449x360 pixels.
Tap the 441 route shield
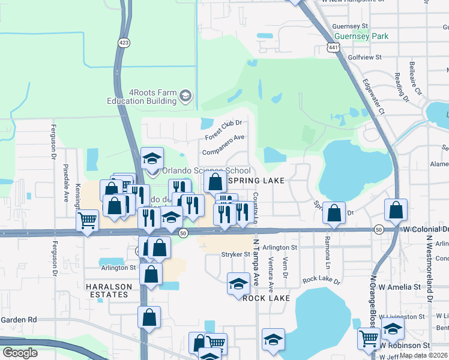point(334,47)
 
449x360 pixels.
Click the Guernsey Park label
point(361,36)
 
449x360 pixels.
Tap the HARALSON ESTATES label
point(107,290)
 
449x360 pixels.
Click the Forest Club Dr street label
point(223,129)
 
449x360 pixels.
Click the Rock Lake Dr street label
point(321,280)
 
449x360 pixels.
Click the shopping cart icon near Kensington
point(88,220)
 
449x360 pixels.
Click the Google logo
point(20,353)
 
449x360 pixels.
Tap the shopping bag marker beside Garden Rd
point(149,317)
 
